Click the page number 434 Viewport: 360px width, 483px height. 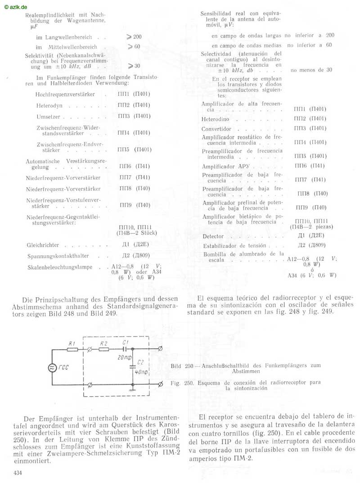tap(18, 473)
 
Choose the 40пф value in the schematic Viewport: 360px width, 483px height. tap(141, 372)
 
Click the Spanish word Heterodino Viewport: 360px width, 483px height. tap(216, 119)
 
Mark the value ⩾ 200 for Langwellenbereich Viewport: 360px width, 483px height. tap(134, 37)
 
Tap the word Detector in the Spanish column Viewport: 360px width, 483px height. tap(213, 236)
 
